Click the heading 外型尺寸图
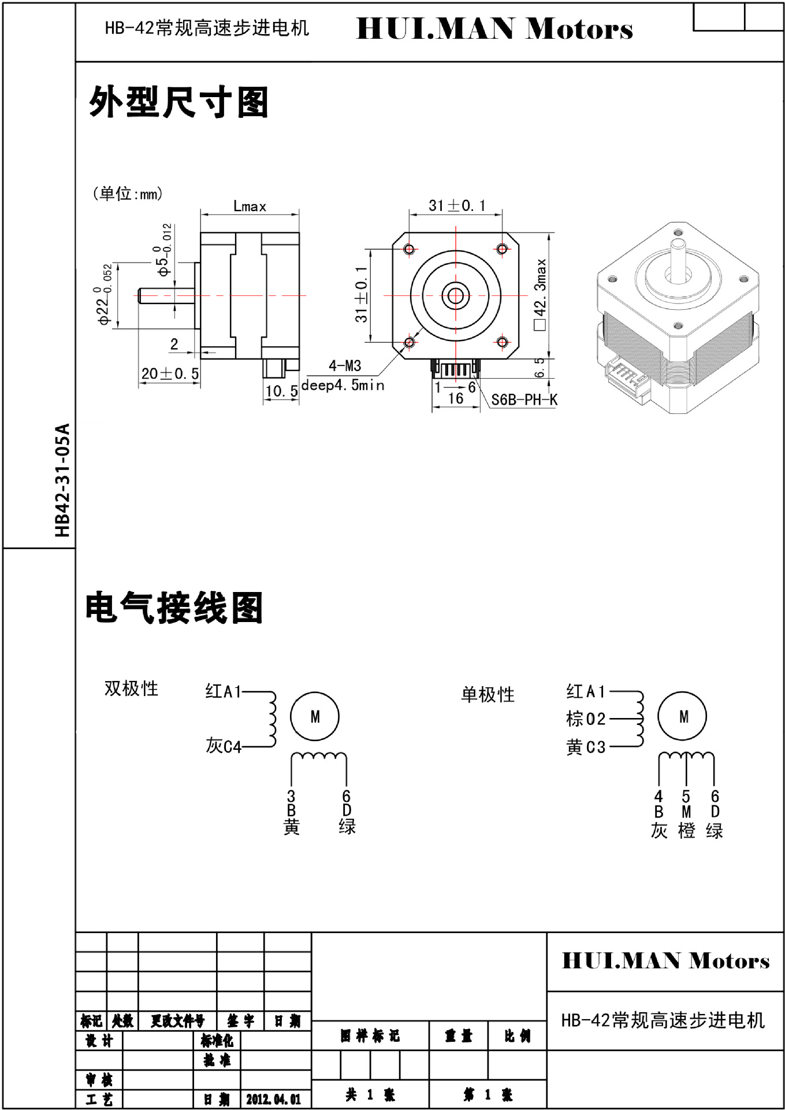[x=178, y=103]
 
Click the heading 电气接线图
[x=174, y=608]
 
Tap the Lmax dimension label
[x=250, y=206]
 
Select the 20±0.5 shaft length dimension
[x=170, y=373]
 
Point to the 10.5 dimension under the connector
[x=281, y=391]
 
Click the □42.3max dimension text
[x=541, y=295]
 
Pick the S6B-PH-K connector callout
[x=524, y=399]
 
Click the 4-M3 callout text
[x=345, y=365]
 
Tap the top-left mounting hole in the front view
[x=410, y=249]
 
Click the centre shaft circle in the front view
[x=455, y=296]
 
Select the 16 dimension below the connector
[x=456, y=398]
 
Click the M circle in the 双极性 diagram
[x=315, y=717]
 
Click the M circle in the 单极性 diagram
[x=683, y=717]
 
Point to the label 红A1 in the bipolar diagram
[x=223, y=691]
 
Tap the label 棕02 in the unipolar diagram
[x=586, y=719]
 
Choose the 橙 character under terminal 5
[x=686, y=831]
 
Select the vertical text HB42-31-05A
[x=62, y=480]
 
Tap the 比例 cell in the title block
[x=517, y=1036]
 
